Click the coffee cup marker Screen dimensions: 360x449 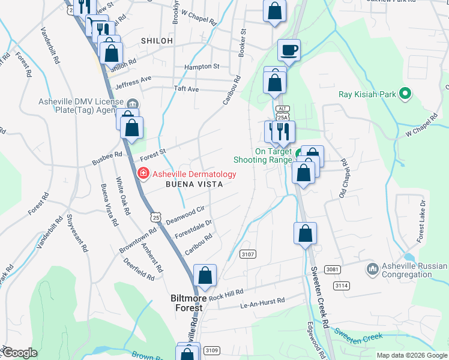click(x=289, y=50)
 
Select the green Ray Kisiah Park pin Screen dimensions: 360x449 click(x=405, y=94)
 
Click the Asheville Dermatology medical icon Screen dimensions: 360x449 click(x=143, y=174)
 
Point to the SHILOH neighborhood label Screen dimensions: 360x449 click(x=157, y=40)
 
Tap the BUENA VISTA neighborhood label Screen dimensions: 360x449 click(x=194, y=185)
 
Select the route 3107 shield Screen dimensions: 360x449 click(x=248, y=254)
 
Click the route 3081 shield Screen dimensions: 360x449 click(x=333, y=268)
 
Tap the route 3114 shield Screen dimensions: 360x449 click(x=342, y=286)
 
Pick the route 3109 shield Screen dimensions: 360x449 click(x=211, y=350)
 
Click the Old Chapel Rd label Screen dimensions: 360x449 click(x=343, y=179)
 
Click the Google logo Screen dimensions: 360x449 click(x=20, y=353)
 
